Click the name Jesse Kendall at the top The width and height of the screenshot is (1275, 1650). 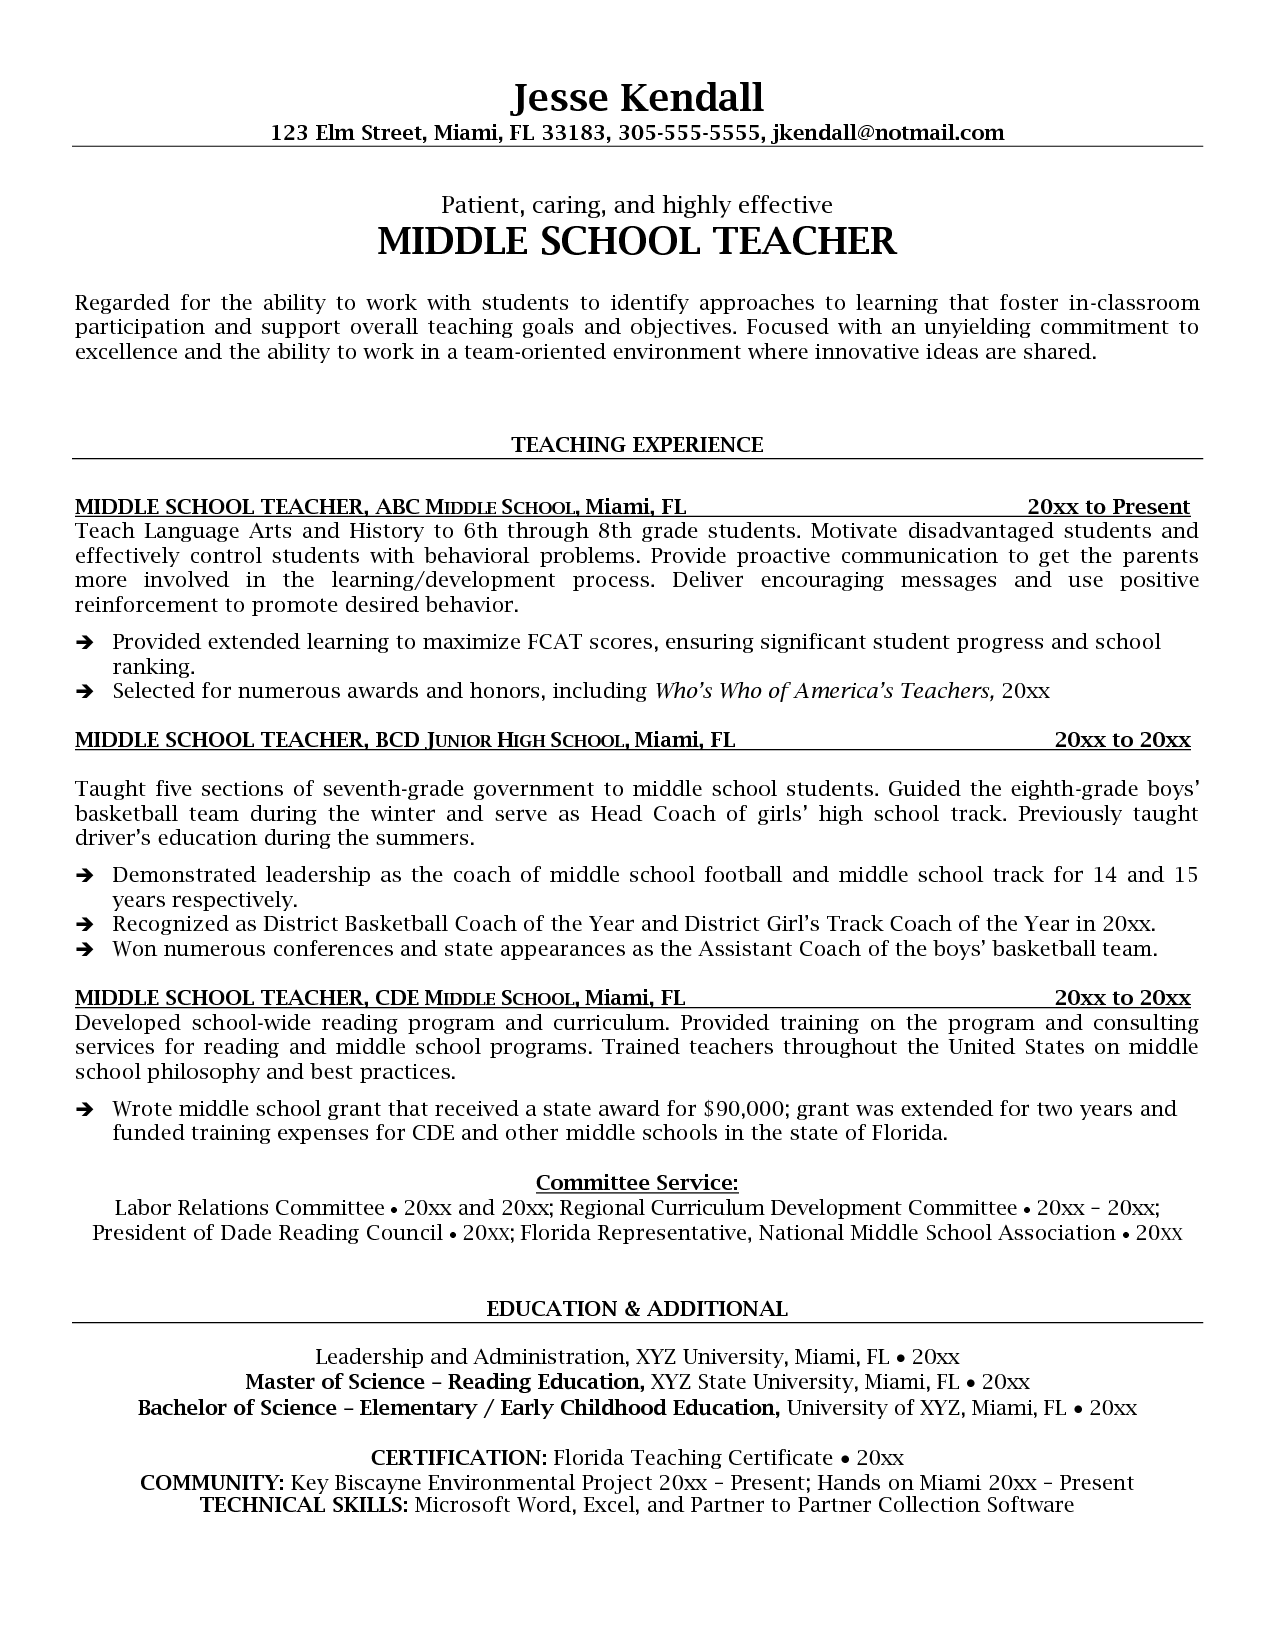pyautogui.click(x=637, y=97)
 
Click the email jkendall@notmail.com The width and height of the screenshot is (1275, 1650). pyautogui.click(x=888, y=133)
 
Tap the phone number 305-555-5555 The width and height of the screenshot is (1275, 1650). pyautogui.click(x=690, y=133)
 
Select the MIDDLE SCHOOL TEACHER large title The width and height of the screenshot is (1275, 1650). pyautogui.click(x=637, y=242)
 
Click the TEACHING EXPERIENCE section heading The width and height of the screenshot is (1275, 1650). pyautogui.click(x=637, y=445)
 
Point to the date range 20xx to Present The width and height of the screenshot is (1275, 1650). pyautogui.click(x=1108, y=506)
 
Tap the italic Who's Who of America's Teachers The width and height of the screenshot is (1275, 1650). pyautogui.click(x=824, y=691)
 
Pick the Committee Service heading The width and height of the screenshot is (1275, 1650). pyautogui.click(x=637, y=1184)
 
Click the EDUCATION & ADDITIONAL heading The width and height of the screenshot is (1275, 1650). pyautogui.click(x=637, y=1309)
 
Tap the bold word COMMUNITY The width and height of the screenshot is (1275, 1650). pyautogui.click(x=213, y=1483)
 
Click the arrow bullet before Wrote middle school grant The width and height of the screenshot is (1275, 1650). pyautogui.click(x=86, y=1110)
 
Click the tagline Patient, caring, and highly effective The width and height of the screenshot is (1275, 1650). pyautogui.click(x=637, y=206)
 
